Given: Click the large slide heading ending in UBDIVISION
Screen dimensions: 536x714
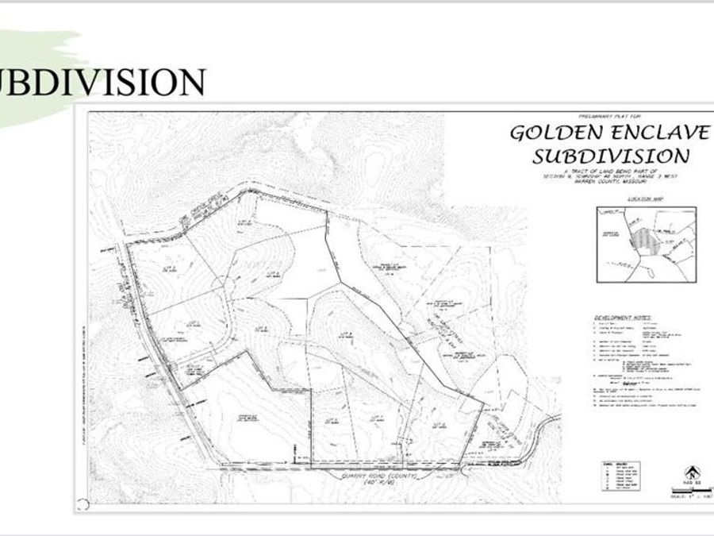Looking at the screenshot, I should (x=103, y=82).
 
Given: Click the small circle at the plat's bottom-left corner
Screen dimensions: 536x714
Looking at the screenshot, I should (x=83, y=503).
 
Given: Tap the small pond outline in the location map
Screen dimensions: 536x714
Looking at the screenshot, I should (x=653, y=272).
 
